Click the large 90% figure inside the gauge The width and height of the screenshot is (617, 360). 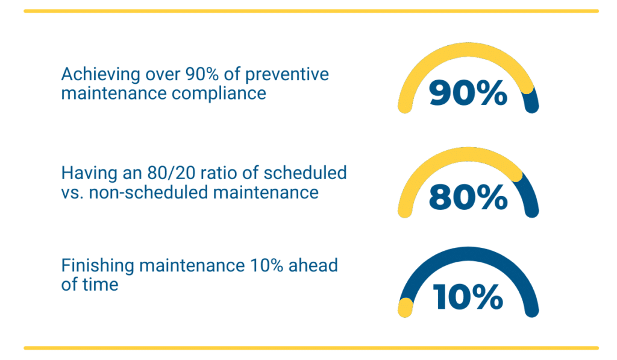[x=468, y=93]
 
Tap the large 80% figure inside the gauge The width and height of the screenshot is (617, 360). [x=468, y=197]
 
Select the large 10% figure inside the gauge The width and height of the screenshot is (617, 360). [x=468, y=297]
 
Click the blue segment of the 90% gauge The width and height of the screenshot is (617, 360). [x=531, y=101]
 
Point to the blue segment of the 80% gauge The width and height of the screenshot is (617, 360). [x=528, y=195]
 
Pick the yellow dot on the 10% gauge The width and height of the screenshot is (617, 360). [x=405, y=308]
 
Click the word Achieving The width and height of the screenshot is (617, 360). [x=101, y=75]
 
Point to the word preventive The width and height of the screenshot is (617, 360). [x=287, y=75]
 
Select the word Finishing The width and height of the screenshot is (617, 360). [x=98, y=266]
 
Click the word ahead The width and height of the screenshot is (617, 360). [x=313, y=265]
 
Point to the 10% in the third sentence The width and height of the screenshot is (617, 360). [x=266, y=265]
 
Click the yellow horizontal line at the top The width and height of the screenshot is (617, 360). [x=312, y=11]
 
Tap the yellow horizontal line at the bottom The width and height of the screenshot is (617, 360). [x=312, y=348]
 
